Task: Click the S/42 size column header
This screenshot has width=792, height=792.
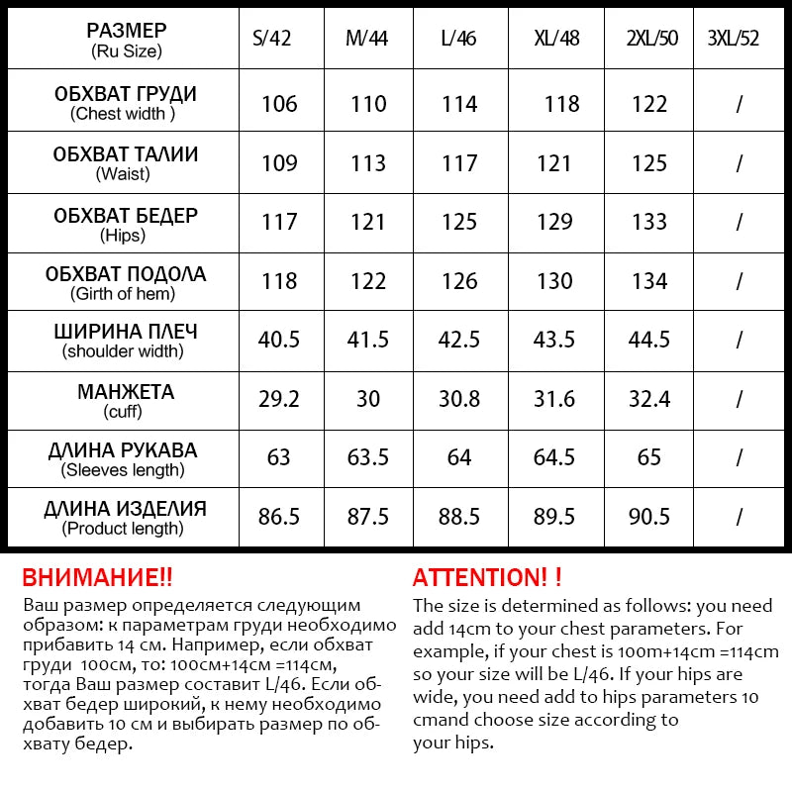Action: click(279, 40)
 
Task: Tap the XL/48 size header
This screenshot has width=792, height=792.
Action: click(555, 40)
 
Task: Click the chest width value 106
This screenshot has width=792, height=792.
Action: click(279, 104)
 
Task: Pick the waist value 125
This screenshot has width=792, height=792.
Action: click(648, 163)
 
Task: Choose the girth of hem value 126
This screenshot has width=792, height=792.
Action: click(459, 281)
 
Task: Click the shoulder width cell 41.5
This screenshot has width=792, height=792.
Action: click(368, 340)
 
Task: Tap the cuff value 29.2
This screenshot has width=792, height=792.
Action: click(279, 399)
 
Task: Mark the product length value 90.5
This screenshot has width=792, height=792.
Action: click(648, 517)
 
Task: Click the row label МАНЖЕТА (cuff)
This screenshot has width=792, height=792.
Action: click(125, 400)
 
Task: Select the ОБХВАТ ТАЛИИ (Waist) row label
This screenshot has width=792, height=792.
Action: click(125, 163)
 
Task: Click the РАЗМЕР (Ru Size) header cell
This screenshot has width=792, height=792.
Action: click(126, 40)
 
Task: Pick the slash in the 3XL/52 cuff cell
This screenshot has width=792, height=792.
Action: click(739, 399)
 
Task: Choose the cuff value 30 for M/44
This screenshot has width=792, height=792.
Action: click(368, 399)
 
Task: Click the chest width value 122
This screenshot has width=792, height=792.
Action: click(648, 104)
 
